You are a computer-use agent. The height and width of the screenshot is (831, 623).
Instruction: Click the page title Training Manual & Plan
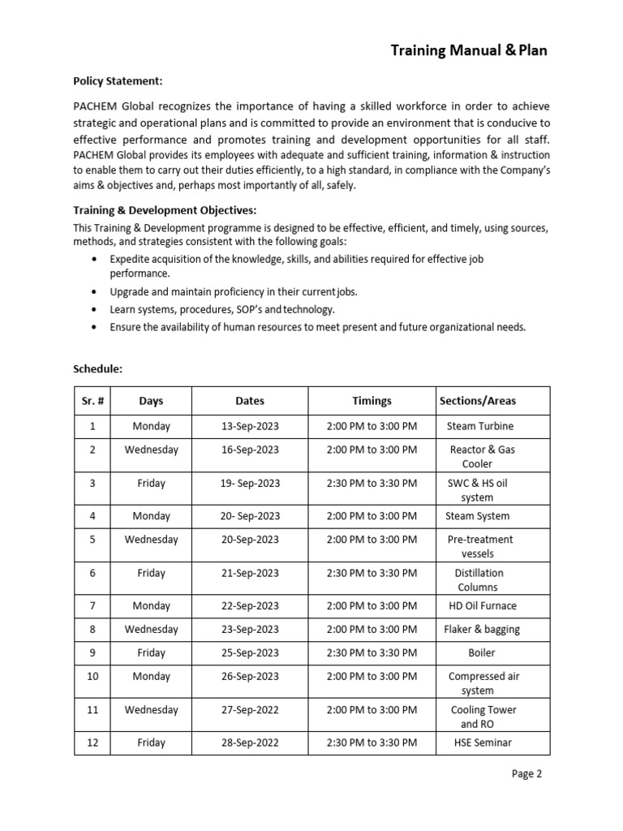(x=469, y=50)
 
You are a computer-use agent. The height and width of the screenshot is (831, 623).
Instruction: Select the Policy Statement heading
(x=118, y=81)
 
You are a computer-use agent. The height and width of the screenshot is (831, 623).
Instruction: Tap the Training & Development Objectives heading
(x=165, y=210)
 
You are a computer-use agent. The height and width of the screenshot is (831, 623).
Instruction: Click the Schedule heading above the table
(x=97, y=368)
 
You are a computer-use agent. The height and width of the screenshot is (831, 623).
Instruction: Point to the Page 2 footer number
(x=526, y=773)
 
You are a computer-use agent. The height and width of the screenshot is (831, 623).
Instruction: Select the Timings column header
(x=372, y=401)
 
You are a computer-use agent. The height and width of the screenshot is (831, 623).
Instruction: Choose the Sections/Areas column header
(x=477, y=401)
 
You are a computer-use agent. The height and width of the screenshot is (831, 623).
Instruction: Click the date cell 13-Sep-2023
(x=250, y=426)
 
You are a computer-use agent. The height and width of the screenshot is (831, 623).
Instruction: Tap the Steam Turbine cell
(x=479, y=426)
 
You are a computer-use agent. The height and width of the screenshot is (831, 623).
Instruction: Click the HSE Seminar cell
(x=483, y=743)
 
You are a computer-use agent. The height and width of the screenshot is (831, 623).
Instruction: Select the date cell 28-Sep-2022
(x=250, y=743)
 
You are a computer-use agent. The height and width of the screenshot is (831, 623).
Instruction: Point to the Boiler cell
(x=481, y=652)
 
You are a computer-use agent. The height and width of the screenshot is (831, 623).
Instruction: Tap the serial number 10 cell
(x=92, y=676)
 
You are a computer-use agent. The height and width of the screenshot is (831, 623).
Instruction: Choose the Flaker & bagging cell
(x=482, y=629)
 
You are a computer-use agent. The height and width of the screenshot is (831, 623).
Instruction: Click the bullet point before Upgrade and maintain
(x=96, y=291)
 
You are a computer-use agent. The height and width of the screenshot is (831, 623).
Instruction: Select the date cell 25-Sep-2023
(x=250, y=652)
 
